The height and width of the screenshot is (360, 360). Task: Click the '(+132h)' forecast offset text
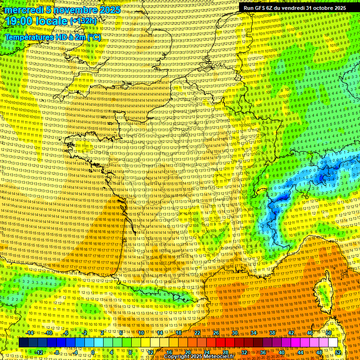click(x=83, y=21)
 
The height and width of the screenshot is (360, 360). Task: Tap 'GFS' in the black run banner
click(x=262, y=8)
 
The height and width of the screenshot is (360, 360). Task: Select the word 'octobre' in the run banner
click(x=318, y=8)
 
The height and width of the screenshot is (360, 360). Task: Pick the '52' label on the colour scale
click(x=338, y=352)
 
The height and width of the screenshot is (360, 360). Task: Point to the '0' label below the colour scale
click(x=93, y=352)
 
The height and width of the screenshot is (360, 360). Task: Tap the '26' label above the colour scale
click(x=216, y=333)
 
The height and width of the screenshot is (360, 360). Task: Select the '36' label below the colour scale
click(x=262, y=352)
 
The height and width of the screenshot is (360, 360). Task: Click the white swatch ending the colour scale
click(x=333, y=343)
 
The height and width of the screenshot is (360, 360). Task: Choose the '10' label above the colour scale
click(x=141, y=333)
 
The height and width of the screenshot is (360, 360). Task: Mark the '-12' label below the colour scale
click(x=39, y=352)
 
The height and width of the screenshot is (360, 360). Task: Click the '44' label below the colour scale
click(x=300, y=352)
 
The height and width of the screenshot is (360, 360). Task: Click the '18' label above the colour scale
click(x=178, y=333)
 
